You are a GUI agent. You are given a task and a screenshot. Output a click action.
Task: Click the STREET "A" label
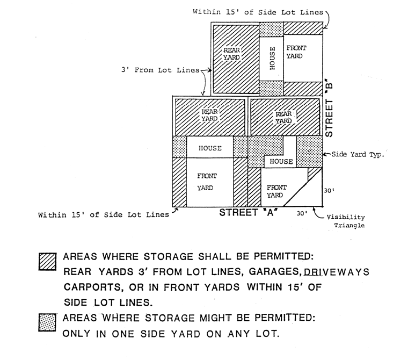pyautogui.click(x=247, y=212)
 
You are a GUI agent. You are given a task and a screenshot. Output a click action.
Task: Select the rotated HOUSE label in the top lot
pyautogui.click(x=272, y=58)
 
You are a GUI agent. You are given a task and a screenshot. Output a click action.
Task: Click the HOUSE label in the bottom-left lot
pyautogui.click(x=210, y=148)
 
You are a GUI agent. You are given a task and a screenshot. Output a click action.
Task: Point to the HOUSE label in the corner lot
pyautogui.click(x=281, y=161)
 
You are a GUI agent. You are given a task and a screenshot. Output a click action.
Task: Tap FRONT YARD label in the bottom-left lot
pyautogui.click(x=207, y=182)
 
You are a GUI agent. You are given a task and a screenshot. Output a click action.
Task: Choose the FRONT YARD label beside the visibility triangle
pyautogui.click(x=276, y=191)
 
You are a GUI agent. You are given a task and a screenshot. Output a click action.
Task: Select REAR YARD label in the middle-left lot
pyautogui.click(x=210, y=115)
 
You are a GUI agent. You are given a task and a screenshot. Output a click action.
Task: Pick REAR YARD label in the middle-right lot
pyautogui.click(x=283, y=117)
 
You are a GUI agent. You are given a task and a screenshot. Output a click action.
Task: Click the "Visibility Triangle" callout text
pyautogui.click(x=346, y=221)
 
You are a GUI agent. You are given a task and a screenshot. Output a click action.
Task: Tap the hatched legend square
pyautogui.click(x=47, y=262)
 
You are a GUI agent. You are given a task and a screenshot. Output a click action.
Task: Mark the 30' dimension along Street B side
pyautogui.click(x=330, y=190)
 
